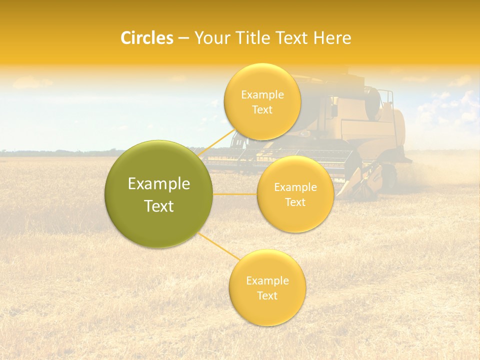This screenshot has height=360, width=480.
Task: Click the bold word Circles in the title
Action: point(146,38)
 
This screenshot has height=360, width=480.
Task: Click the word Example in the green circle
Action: point(159,184)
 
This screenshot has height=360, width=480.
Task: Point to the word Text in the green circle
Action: point(159,206)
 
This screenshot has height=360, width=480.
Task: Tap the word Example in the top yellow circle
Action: point(262,95)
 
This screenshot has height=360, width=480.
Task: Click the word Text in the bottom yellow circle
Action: point(267,295)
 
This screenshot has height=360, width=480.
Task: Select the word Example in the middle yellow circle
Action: point(295,187)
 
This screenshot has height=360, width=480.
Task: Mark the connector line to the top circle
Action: point(218,142)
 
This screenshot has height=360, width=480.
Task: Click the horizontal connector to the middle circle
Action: point(235,194)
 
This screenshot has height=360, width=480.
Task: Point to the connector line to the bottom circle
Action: point(218,245)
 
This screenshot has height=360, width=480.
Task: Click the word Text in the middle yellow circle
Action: point(295,202)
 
